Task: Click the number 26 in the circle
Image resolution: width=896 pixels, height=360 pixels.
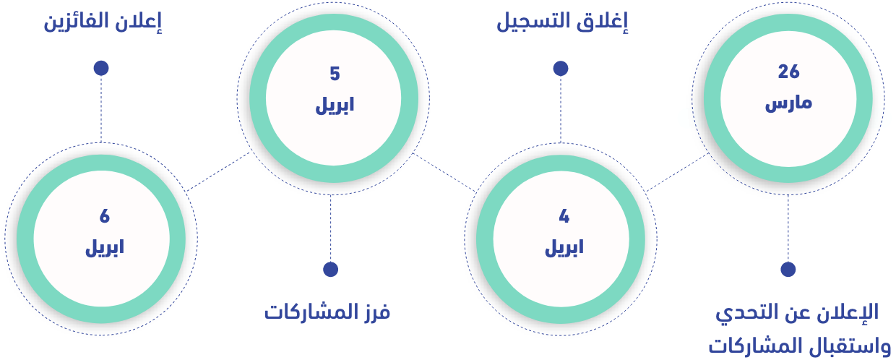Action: pos(788,72)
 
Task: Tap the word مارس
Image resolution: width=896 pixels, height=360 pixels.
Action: pos(788,103)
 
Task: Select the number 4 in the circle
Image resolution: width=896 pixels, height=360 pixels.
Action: pos(564,216)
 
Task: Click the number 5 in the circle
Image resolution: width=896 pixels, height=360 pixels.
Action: pos(335,74)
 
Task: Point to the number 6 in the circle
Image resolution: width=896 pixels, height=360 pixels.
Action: pos(105,216)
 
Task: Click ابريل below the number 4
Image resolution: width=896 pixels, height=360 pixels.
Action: pos(564,248)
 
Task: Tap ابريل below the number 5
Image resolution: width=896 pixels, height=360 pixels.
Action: pos(335,106)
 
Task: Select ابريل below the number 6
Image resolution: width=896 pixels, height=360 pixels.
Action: pos(105,248)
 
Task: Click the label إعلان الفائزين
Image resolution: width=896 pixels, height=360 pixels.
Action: pos(103,22)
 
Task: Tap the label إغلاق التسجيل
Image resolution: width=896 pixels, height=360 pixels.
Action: pos(561,22)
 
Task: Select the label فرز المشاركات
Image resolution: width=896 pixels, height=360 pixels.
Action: pos(327,312)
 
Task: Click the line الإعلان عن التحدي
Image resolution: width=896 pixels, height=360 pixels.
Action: pos(796,312)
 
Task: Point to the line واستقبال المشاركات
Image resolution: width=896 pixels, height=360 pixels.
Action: pos(799,344)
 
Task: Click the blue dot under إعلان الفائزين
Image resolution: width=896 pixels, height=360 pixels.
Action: pos(101,68)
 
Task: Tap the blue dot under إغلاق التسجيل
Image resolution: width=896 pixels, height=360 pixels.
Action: pos(561,69)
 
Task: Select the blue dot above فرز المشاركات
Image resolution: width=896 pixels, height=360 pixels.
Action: pos(331,269)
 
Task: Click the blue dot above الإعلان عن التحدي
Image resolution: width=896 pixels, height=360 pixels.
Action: pos(788,269)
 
